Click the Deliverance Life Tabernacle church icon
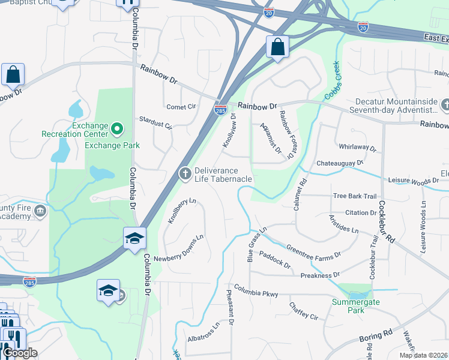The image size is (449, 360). [185, 174]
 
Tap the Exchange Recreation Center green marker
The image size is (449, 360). [118, 128]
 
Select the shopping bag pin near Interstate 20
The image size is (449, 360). [278, 47]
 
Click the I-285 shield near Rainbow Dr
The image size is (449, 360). [220, 110]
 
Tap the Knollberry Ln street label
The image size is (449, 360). [182, 211]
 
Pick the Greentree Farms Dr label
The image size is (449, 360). [313, 251]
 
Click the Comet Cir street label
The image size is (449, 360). [181, 106]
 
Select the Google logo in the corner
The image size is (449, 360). [20, 353]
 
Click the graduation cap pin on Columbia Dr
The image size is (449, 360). [134, 238]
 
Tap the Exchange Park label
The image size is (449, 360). [112, 145]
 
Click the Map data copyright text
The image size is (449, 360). [423, 355]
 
